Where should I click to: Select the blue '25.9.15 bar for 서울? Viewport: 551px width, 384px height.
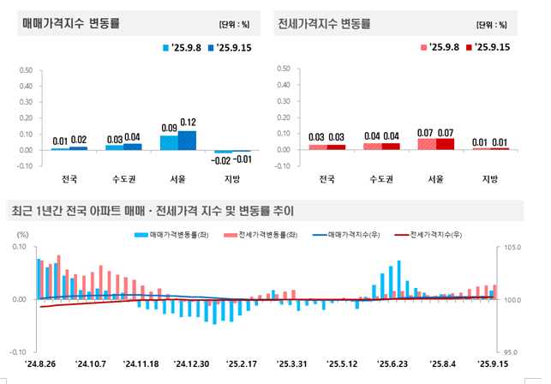188,140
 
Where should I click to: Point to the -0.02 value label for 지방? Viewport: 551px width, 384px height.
222,160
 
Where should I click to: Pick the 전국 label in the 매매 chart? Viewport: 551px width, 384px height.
69,180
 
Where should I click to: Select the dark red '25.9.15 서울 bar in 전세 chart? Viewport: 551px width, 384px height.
444,143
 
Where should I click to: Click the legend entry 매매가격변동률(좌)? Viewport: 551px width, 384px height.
173,234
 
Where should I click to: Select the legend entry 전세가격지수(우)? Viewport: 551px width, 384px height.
433,234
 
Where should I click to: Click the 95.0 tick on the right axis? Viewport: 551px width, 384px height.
512,352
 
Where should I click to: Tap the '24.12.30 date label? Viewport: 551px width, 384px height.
192,363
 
